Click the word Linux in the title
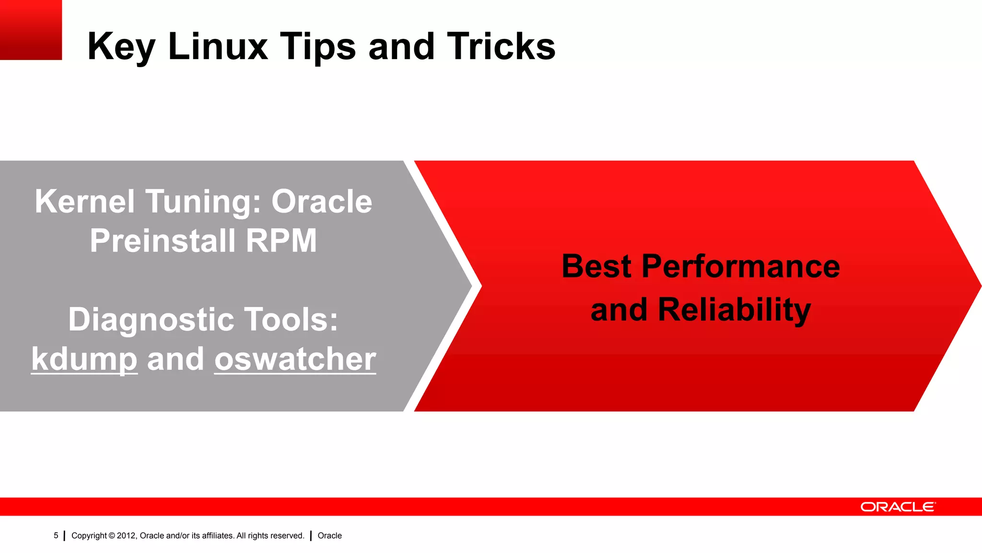coord(218,47)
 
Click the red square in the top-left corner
coord(31,30)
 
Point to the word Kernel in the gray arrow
coord(84,201)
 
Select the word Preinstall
coord(163,240)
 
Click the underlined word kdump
coord(84,360)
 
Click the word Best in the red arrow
coord(596,266)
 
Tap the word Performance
coord(740,267)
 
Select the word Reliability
coord(734,310)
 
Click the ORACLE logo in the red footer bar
coord(898,507)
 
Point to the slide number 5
coord(56,536)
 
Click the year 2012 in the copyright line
coord(126,536)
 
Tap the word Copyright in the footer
coord(89,536)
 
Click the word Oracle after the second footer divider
coord(329,536)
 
